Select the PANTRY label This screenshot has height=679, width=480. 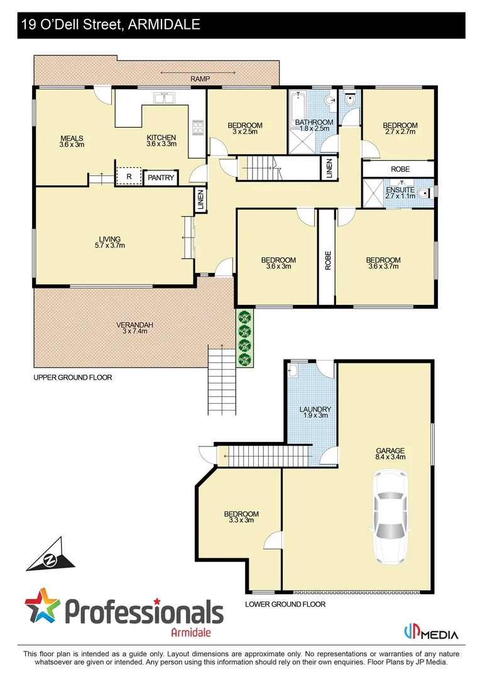161,178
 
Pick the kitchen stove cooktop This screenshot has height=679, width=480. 197,128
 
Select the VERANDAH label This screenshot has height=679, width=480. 134,328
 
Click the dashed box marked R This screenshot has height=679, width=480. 129,177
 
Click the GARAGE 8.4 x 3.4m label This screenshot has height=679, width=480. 390,454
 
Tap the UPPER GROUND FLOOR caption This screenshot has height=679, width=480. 72,378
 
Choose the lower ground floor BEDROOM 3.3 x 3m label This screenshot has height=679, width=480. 241,517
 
